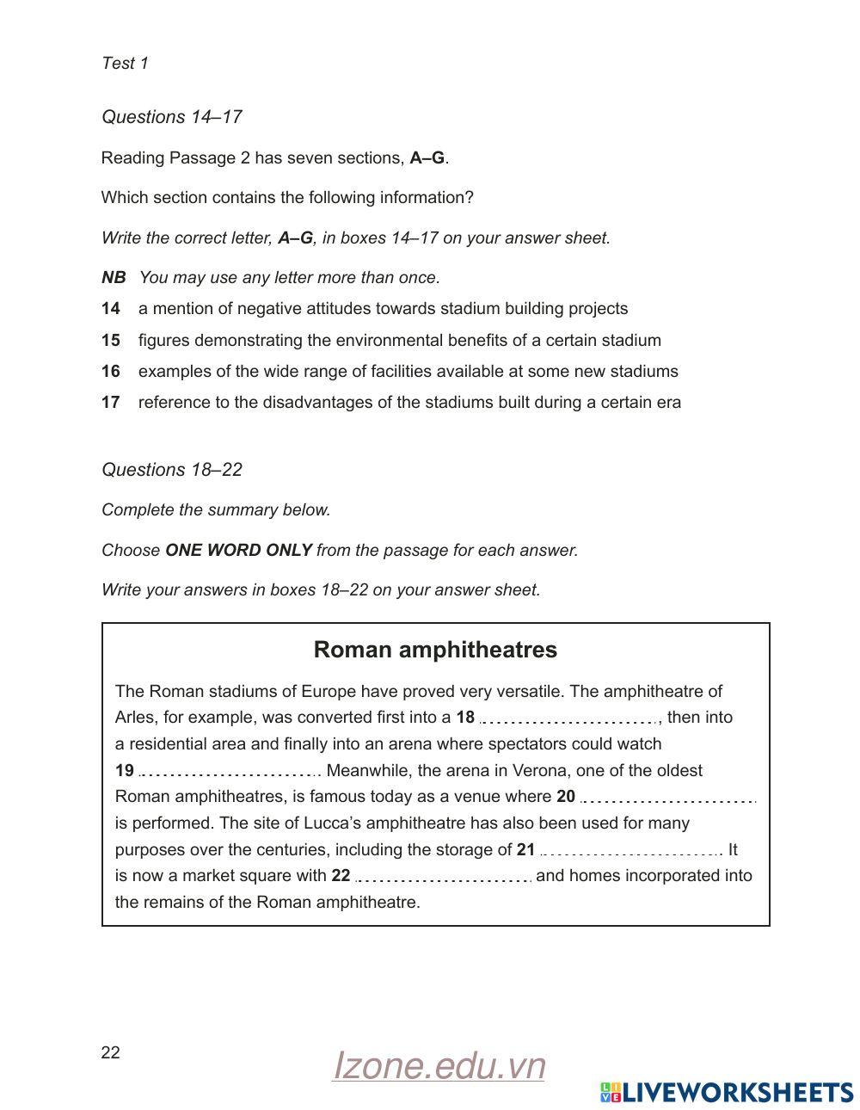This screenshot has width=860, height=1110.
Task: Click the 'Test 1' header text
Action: point(125,63)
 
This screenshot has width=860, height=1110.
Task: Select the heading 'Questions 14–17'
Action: point(172,117)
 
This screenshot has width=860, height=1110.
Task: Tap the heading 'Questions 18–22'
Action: point(172,470)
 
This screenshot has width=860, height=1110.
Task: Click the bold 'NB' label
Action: point(113,277)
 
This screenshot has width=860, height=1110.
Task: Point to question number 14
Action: point(110,309)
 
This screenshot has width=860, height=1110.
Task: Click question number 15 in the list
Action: point(110,340)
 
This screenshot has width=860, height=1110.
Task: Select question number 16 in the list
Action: point(110,372)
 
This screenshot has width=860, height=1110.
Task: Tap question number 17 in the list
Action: point(110,403)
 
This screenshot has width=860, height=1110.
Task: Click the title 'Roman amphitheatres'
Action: point(435,650)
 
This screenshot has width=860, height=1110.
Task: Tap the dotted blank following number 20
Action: point(668,799)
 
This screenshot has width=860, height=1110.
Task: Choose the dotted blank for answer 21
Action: point(630,852)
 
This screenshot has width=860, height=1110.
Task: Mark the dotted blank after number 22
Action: point(445,878)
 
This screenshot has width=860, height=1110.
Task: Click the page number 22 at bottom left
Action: point(110,1052)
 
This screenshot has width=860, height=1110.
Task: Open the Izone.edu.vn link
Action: point(439,1066)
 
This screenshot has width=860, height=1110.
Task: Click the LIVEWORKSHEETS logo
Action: point(727,1092)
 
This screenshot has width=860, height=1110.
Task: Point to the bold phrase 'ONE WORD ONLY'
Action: point(238,551)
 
